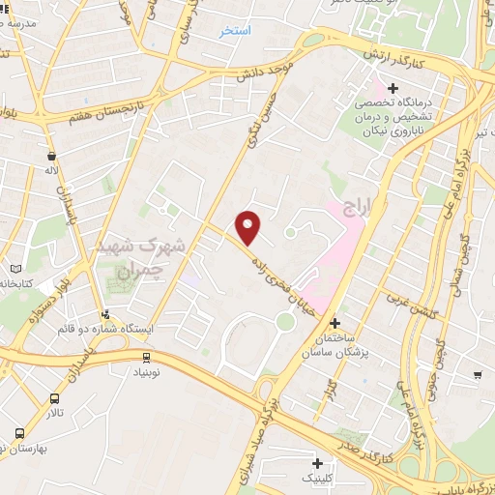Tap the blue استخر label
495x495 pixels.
[x=235, y=31]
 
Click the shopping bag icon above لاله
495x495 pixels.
[x=51, y=155]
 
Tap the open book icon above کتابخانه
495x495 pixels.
[x=14, y=268]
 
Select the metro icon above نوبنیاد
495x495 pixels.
[x=146, y=357]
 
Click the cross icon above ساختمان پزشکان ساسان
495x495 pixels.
[x=335, y=322]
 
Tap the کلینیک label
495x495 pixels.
[x=322, y=478]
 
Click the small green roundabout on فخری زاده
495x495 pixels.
[x=284, y=320]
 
